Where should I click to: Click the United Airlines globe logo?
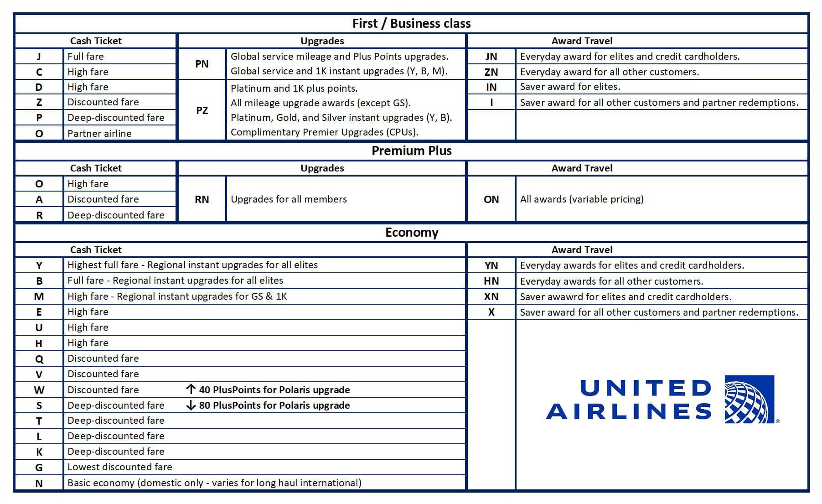click(749, 400)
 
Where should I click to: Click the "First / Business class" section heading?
click(411, 24)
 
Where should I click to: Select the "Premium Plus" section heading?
click(411, 151)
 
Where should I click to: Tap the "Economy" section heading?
click(411, 233)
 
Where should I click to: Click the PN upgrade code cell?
click(202, 64)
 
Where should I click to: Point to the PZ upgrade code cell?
click(202, 110)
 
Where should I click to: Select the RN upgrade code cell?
click(202, 199)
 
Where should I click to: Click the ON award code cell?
click(491, 199)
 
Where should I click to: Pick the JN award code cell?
click(491, 57)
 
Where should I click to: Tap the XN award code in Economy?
click(491, 296)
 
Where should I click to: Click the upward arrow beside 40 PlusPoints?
click(191, 390)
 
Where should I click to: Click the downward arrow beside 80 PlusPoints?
click(191, 405)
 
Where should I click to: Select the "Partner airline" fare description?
click(99, 134)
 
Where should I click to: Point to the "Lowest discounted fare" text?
click(119, 467)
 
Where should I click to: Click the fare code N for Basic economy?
click(39, 483)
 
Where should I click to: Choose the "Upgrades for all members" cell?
click(289, 199)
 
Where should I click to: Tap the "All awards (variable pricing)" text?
click(582, 199)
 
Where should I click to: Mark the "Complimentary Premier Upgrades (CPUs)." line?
click(324, 132)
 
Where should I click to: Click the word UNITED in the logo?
click(645, 388)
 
